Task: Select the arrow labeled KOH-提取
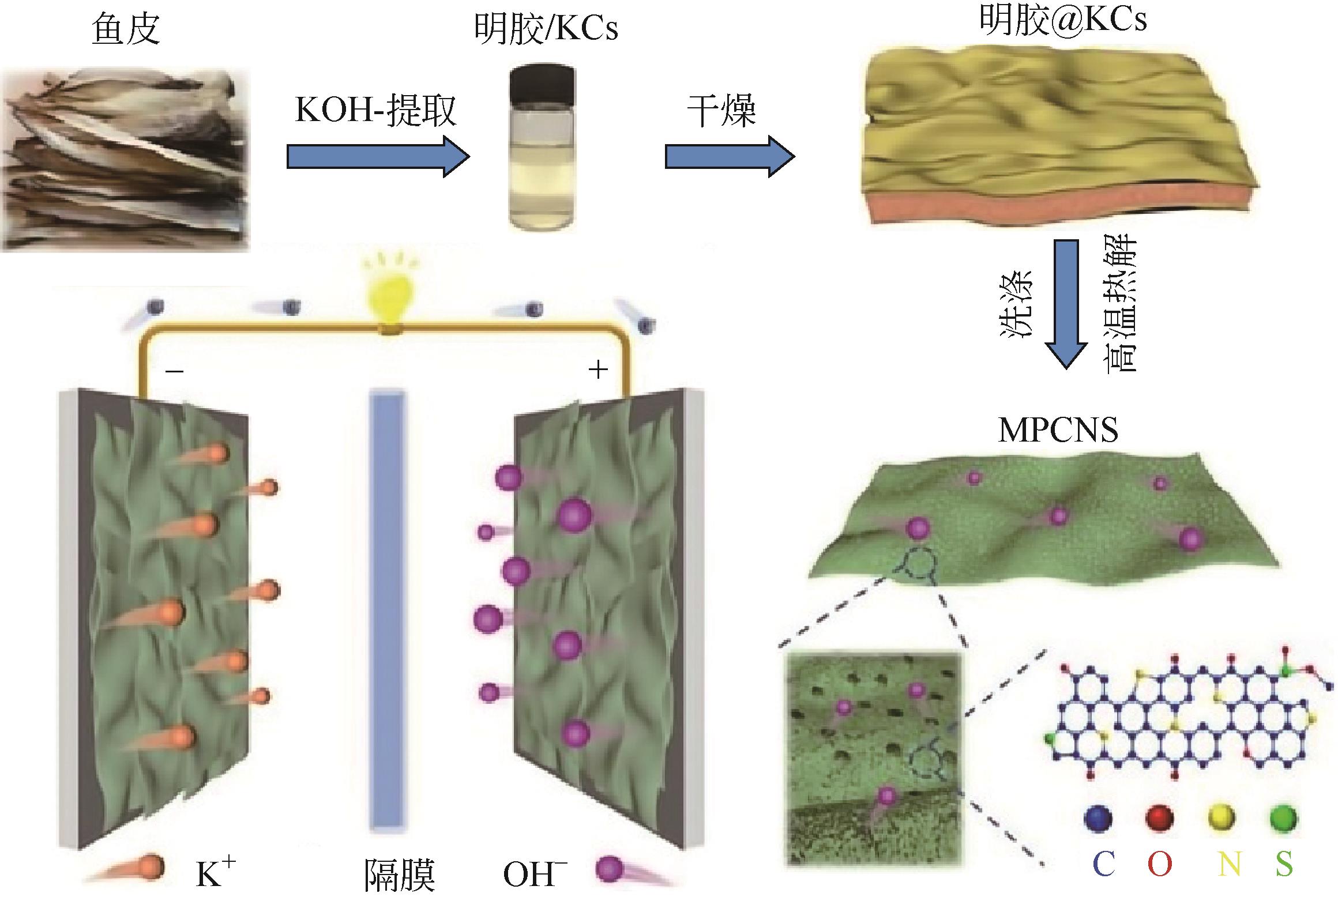click(x=378, y=156)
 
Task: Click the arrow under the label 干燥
click(x=730, y=156)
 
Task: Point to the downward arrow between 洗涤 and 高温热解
click(x=1066, y=303)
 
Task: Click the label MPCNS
click(x=1058, y=430)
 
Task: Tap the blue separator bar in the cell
click(x=388, y=611)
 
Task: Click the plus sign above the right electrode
click(x=598, y=370)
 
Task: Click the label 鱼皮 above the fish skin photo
click(x=126, y=30)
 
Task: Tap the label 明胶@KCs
click(x=1063, y=20)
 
